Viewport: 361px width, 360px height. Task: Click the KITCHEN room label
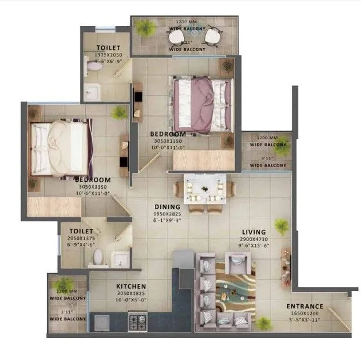click(131, 286)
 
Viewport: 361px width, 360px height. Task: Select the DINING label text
click(167, 207)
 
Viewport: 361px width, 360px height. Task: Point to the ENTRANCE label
click(305, 307)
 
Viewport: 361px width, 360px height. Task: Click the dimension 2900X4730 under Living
click(253, 239)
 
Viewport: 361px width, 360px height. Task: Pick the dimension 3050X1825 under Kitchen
click(131, 294)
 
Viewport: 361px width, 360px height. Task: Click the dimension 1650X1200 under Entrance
click(305, 314)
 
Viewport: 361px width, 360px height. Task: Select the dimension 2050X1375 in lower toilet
click(81, 238)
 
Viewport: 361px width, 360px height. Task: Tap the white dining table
click(205, 189)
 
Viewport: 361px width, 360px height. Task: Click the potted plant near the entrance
click(263, 323)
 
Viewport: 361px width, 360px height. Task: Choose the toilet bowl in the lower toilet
click(98, 256)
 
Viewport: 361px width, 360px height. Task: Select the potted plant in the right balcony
click(282, 149)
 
